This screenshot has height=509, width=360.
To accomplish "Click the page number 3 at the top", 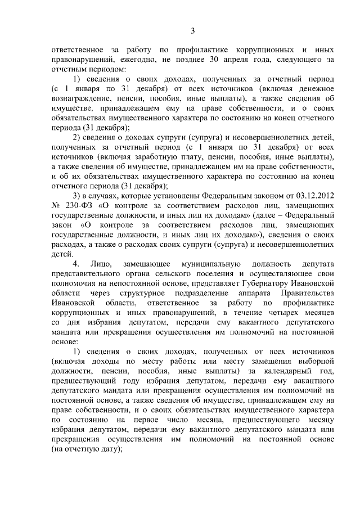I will pos(192,31).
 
